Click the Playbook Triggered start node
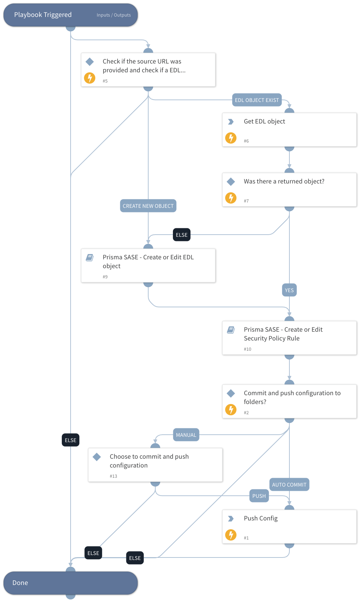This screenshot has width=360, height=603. point(43,15)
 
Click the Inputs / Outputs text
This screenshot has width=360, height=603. point(114,15)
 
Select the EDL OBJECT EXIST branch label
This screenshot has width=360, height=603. point(257,100)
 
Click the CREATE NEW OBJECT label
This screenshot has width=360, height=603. point(148,206)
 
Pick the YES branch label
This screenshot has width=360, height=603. point(289,290)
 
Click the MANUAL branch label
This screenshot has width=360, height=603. point(186,435)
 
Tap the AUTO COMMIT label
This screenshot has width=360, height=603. point(289,485)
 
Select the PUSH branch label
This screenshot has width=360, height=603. point(259,496)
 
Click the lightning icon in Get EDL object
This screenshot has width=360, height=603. point(231,138)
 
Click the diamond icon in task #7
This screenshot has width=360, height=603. point(231,182)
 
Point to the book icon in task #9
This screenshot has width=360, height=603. point(90,258)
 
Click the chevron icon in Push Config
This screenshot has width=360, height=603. point(231,519)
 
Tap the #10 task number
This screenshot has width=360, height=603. point(247,349)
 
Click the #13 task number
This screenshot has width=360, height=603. point(113,476)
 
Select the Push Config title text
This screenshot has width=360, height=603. point(260,518)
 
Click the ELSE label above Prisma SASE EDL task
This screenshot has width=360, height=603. point(181,235)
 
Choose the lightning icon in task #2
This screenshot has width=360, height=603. point(231,410)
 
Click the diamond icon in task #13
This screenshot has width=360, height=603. point(97,457)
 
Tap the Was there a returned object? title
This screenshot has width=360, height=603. point(284,181)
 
